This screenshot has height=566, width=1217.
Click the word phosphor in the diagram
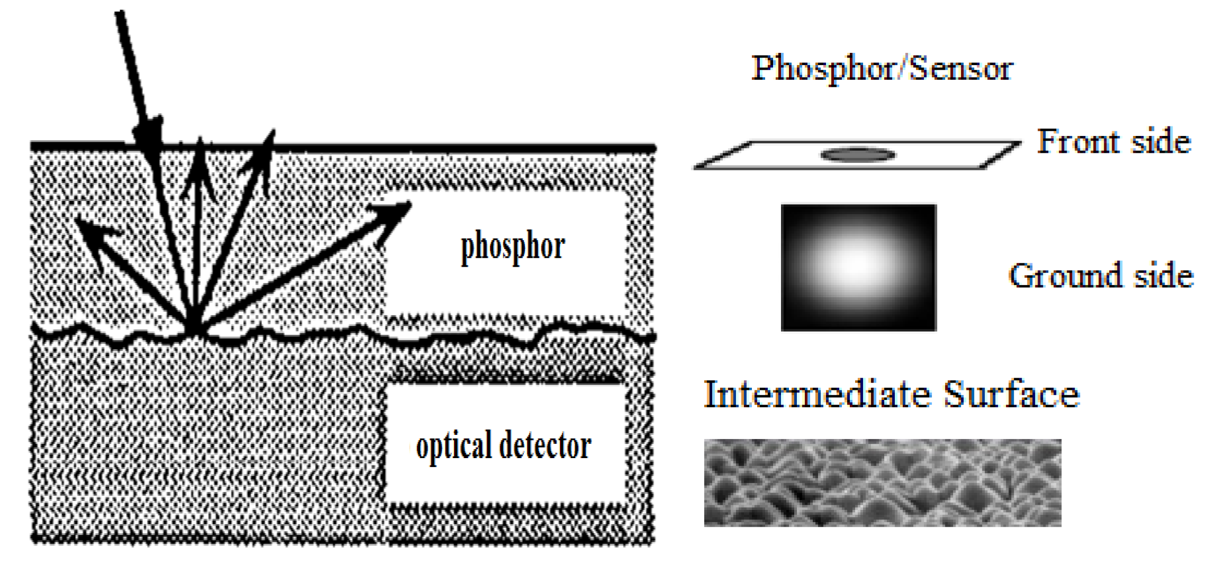coord(513,247)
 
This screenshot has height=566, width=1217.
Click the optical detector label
coord(503,446)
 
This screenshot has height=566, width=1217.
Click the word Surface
coord(1011,395)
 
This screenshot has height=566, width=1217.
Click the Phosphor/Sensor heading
coord(882,69)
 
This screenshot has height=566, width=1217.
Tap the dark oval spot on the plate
coord(857,155)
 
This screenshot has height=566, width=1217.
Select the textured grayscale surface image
coord(882,482)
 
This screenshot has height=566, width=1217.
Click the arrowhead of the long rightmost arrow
coord(394,214)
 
